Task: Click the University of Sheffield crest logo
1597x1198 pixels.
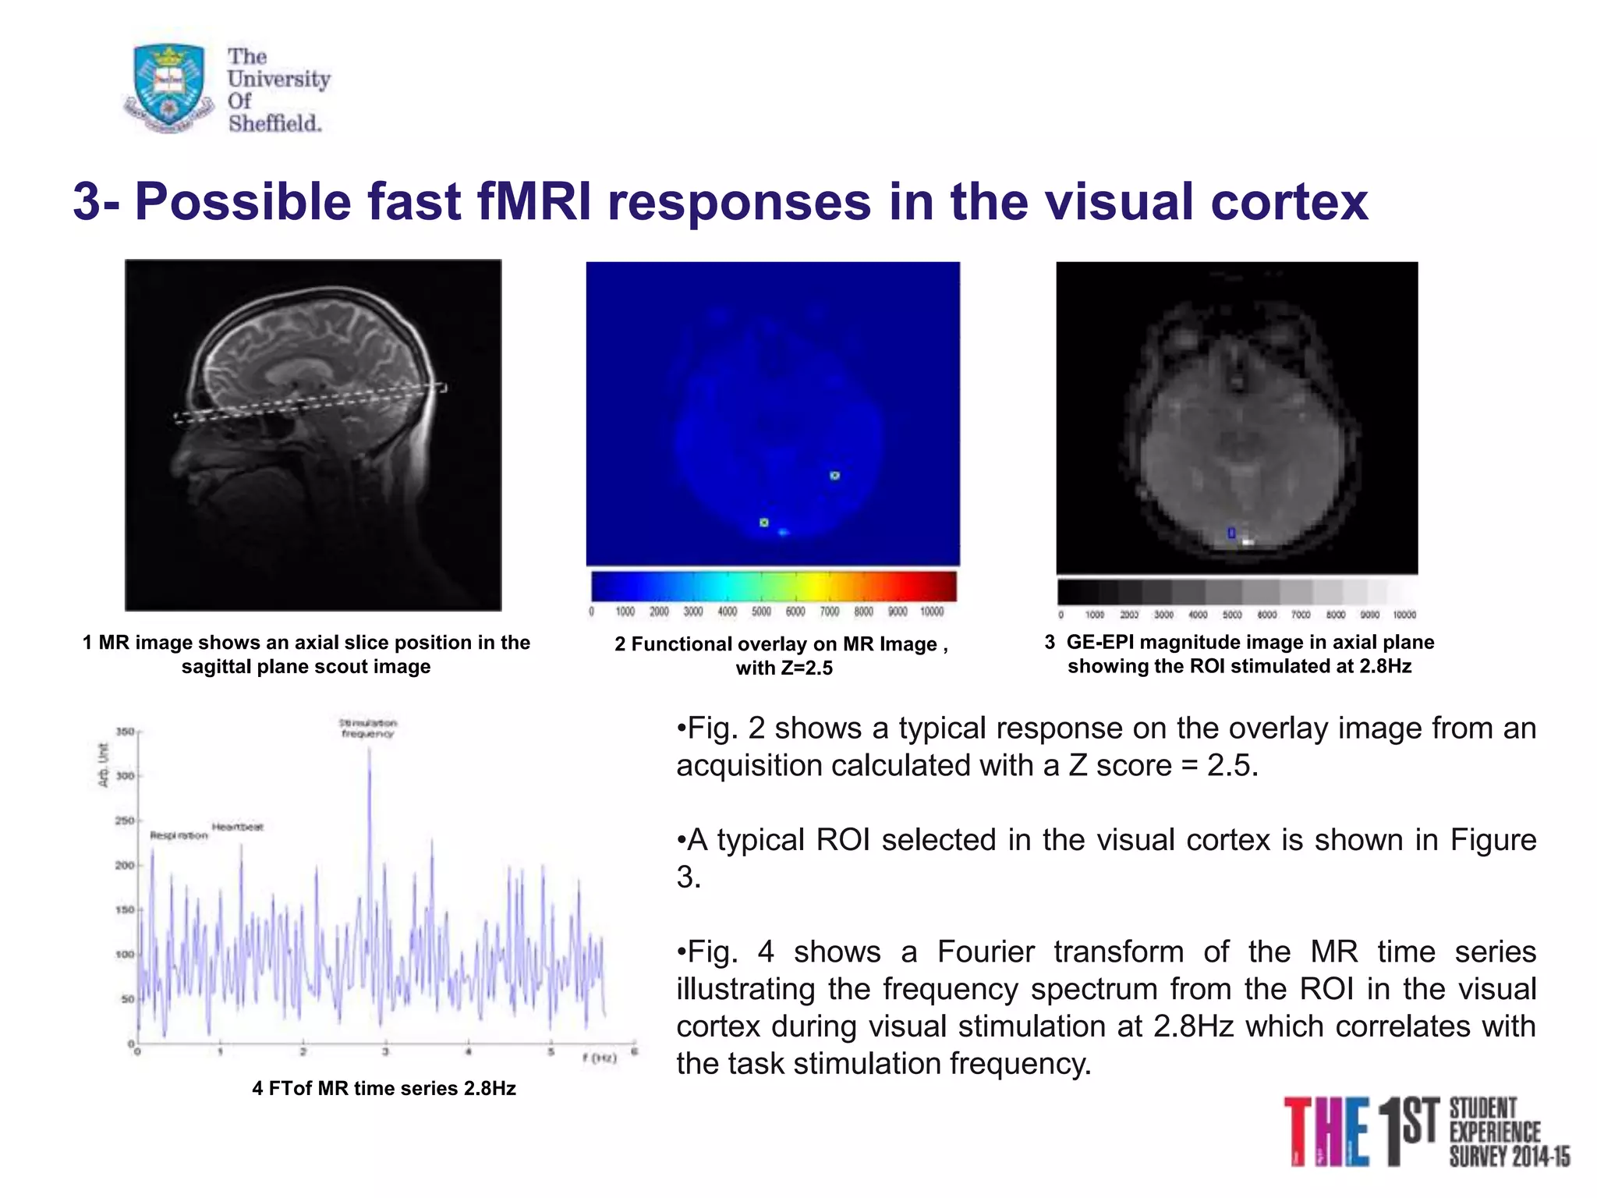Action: (x=168, y=87)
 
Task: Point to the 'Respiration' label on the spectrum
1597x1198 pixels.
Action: (x=179, y=835)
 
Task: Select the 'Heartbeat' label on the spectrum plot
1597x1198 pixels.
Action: (x=238, y=827)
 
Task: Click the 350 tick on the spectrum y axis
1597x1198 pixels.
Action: (x=125, y=732)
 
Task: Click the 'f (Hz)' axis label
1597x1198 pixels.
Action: (x=599, y=1058)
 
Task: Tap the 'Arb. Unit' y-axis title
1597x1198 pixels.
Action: (x=103, y=765)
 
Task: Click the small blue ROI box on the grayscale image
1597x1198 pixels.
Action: (x=1231, y=533)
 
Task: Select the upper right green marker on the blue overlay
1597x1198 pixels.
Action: (x=834, y=475)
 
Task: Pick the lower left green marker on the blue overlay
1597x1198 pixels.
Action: (x=764, y=522)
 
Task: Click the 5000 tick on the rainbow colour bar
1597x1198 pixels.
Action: (x=761, y=612)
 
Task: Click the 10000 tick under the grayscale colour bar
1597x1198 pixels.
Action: (x=1404, y=615)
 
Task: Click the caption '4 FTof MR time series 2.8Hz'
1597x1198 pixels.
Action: (x=384, y=1089)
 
